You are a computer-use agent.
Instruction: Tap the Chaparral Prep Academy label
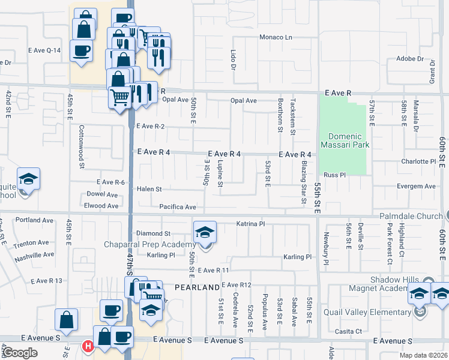coord(150,244)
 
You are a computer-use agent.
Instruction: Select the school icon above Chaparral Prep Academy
coord(205,232)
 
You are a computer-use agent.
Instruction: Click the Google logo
coord(20,353)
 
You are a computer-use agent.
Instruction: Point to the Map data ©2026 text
coord(423,355)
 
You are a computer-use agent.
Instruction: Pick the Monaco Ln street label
coord(275,37)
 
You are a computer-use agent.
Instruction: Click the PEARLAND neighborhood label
coord(197,287)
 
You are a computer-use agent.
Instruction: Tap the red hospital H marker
coord(88,346)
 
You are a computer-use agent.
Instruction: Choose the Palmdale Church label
coord(411,216)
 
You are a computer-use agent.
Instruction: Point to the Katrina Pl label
coord(250,224)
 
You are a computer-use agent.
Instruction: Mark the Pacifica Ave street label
coord(178,207)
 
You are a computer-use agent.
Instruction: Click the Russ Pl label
coord(335,175)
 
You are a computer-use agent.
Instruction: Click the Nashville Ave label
coord(34,256)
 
